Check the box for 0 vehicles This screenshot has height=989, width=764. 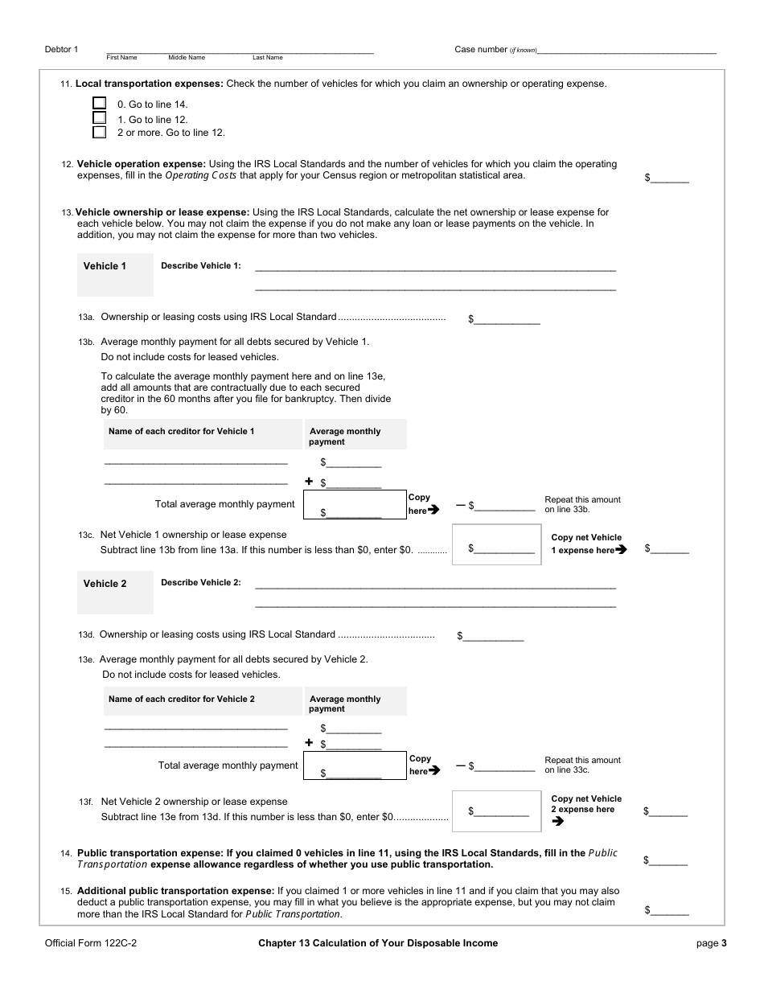coord(100,104)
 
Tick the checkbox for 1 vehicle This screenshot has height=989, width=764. coord(100,118)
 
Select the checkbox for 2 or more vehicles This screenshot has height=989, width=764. coord(100,133)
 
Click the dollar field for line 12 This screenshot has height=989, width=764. coord(670,179)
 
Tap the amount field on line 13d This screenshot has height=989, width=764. coord(494,636)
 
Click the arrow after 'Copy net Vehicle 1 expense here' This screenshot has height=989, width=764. coord(621,550)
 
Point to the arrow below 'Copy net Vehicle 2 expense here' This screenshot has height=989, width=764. coord(558,821)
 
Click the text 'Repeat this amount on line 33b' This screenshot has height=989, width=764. coord(582,504)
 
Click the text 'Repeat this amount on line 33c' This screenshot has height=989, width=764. coord(582,765)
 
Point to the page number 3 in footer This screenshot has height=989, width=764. coord(724,943)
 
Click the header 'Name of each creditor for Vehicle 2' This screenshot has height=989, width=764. coord(182,700)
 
